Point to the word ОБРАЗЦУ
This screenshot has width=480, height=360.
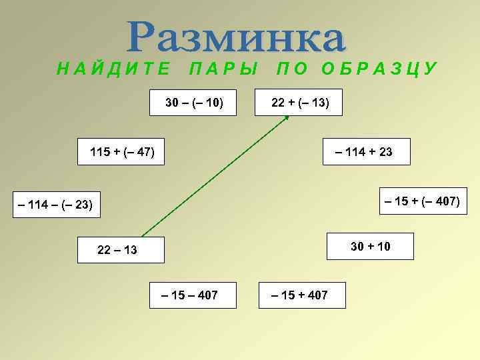[x=379, y=69]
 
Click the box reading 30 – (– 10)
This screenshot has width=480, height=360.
[x=194, y=103]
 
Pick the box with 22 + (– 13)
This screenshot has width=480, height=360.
[x=299, y=103]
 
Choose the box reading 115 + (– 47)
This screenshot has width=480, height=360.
[x=122, y=152]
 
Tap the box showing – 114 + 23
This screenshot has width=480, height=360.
[x=366, y=152]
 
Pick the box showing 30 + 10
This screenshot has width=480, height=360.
[x=371, y=247]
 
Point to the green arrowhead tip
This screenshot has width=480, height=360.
[x=288, y=116]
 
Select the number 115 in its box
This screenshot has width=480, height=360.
[x=100, y=152]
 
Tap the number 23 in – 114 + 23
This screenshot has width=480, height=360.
[x=385, y=152]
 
